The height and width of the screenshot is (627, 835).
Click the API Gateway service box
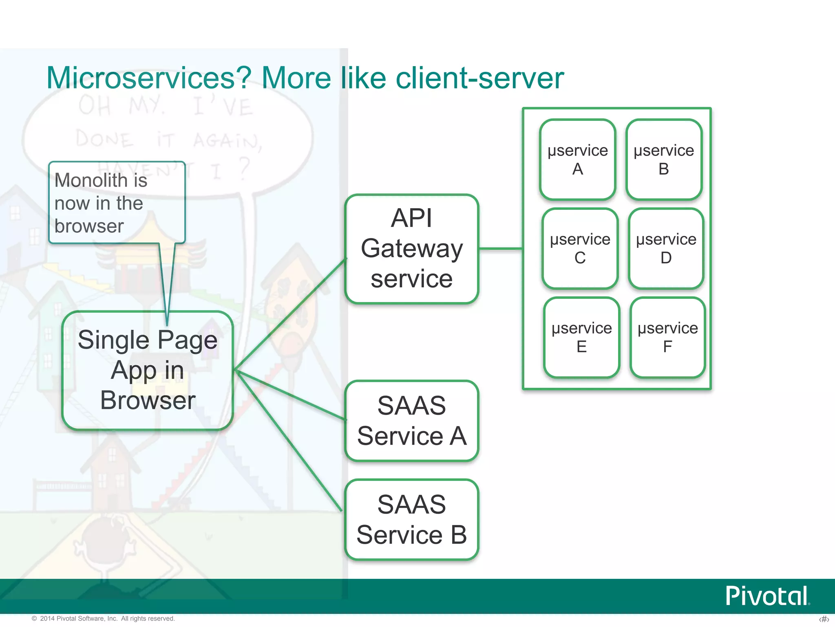(411, 249)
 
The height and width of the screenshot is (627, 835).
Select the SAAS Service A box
(411, 421)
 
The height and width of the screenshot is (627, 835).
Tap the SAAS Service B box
(411, 519)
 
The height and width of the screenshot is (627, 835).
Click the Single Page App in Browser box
(148, 370)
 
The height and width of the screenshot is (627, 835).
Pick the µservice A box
(577, 160)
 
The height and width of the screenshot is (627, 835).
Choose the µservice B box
(663, 160)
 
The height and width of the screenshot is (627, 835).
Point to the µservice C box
(580, 248)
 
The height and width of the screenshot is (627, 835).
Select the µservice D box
(666, 248)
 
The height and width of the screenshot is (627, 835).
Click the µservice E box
(581, 337)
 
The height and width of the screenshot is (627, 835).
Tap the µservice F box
(667, 337)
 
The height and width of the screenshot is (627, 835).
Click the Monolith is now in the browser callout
(117, 203)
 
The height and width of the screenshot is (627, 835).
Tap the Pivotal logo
(767, 596)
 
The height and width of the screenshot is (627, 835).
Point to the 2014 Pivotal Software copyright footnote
(104, 618)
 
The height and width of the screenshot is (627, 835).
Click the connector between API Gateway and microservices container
(501, 248)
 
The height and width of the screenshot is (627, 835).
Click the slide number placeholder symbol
(824, 619)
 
